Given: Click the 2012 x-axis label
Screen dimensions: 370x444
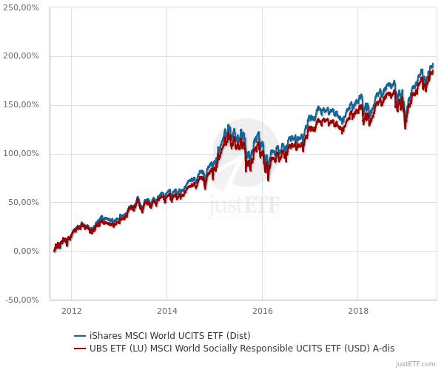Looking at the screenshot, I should [x=71, y=310].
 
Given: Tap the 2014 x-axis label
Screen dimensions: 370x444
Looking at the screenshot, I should [x=167, y=310].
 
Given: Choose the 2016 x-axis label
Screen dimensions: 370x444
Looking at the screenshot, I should [x=263, y=310].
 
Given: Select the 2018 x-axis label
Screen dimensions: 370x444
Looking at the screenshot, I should [x=358, y=310].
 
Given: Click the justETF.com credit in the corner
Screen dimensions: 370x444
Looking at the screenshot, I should [x=416, y=364].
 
